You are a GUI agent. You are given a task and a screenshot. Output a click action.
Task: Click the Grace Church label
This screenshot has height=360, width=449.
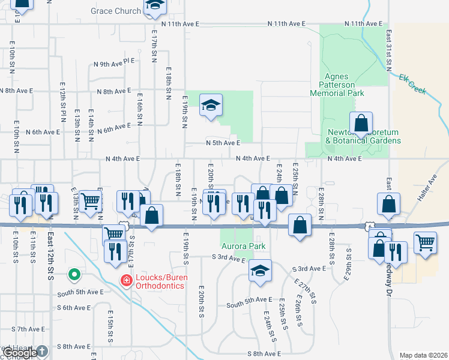point(116,11)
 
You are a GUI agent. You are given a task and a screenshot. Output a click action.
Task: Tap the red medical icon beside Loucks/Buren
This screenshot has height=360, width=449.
point(126,280)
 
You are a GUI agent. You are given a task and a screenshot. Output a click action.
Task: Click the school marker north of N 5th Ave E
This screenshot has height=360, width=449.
point(211,106)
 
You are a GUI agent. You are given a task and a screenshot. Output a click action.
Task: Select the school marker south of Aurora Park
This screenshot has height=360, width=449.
point(261,271)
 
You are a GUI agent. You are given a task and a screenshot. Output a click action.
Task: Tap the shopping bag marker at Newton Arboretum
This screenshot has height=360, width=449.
point(361,125)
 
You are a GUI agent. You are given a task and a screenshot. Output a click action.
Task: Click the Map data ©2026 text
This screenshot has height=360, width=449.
point(423,355)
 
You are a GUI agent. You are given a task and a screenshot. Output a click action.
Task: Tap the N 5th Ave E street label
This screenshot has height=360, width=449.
point(223,143)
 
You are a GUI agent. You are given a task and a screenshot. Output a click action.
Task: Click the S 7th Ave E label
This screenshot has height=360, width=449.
point(29,329)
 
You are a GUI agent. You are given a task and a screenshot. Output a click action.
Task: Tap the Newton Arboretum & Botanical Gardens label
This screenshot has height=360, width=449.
point(363,136)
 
